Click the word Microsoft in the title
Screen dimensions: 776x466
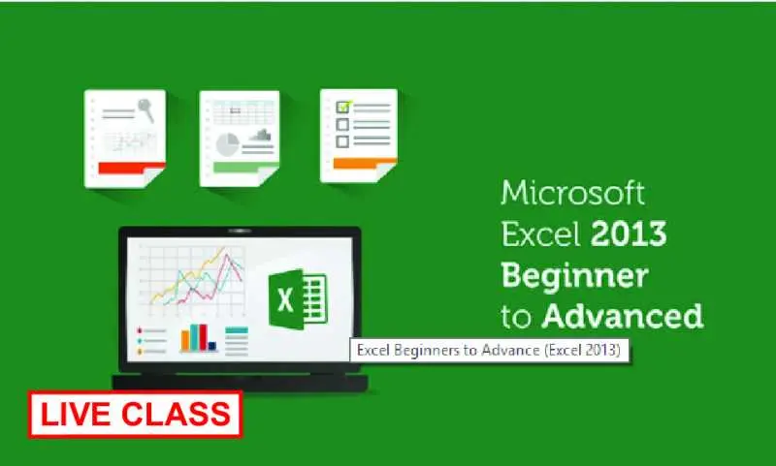click(x=572, y=193)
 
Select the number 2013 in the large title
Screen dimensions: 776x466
click(x=629, y=233)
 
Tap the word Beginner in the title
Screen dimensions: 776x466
click(x=574, y=277)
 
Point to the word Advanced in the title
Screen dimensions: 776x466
click(x=622, y=315)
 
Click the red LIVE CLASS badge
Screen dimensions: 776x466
click(x=135, y=415)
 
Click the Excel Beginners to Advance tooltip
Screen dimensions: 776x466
click(x=490, y=351)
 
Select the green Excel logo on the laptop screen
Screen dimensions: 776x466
click(x=298, y=299)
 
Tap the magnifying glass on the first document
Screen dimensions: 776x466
click(x=146, y=110)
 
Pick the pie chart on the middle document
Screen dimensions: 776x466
click(x=227, y=144)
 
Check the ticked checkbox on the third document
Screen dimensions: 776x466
click(x=343, y=107)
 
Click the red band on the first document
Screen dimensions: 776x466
click(x=131, y=168)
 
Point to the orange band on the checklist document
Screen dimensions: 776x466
click(x=365, y=163)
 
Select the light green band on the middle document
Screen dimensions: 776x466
click(x=245, y=167)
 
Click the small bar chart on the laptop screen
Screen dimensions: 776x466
click(x=199, y=338)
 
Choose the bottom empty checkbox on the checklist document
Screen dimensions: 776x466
click(x=342, y=141)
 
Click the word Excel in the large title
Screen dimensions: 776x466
click(x=541, y=234)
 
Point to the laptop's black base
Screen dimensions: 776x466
click(x=240, y=383)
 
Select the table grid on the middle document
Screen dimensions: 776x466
click(x=243, y=113)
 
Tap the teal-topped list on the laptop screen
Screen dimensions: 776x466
click(x=237, y=340)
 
